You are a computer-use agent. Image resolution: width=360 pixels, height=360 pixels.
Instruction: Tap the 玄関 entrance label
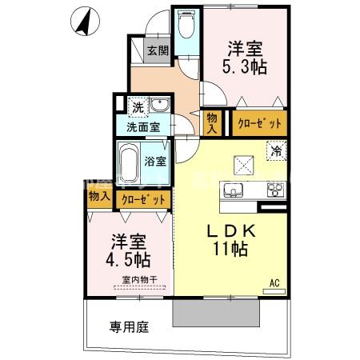click(158, 52)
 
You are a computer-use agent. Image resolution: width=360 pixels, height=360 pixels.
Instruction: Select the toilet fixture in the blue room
click(186, 26)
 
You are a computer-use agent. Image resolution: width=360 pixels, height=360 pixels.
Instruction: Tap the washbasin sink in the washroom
click(159, 106)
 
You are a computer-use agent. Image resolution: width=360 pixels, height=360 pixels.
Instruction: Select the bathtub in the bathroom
click(128, 165)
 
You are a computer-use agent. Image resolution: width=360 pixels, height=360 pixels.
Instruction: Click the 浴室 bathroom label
click(155, 161)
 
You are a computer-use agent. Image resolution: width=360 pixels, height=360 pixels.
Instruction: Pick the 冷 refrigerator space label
click(276, 150)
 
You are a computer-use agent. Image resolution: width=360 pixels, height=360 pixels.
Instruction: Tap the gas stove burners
click(274, 190)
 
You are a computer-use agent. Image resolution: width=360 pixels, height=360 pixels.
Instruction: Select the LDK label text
click(230, 231)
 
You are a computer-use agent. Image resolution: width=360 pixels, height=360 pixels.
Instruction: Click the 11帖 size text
click(230, 249)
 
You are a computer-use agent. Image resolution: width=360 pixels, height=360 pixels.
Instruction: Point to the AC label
click(274, 282)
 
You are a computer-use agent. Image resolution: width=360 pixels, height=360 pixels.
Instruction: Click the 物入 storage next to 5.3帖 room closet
click(213, 122)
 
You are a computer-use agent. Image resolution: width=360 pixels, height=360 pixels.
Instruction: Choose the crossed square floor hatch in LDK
click(244, 165)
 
